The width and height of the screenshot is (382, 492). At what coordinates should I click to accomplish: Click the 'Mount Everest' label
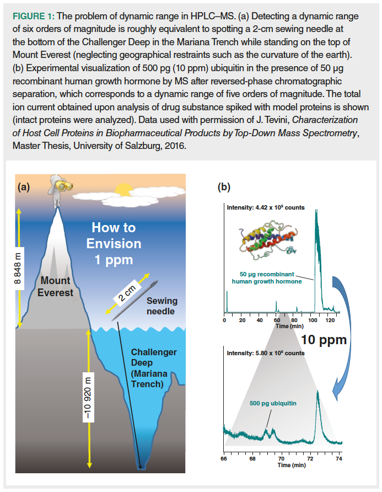pyautogui.click(x=55, y=287)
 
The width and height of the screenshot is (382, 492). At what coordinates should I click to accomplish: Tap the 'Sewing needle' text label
pyautogui.click(x=160, y=306)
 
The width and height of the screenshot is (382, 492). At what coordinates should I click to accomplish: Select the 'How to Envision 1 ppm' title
pyautogui.click(x=114, y=243)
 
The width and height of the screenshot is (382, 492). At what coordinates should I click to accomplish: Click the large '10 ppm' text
pyautogui.click(x=324, y=339)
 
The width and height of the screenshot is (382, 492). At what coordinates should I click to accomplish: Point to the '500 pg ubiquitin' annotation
pyautogui.click(x=272, y=403)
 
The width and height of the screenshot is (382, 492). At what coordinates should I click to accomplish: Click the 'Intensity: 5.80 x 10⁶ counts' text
pyautogui.click(x=265, y=353)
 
